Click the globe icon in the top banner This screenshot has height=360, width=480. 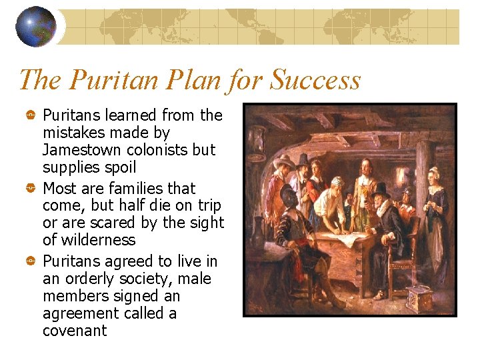click(x=35, y=27)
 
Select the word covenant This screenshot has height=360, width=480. click(x=75, y=331)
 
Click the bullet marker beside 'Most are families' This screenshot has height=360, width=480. click(x=30, y=189)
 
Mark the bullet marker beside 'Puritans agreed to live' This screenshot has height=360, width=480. click(x=30, y=261)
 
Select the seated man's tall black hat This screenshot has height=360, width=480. click(x=381, y=189)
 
